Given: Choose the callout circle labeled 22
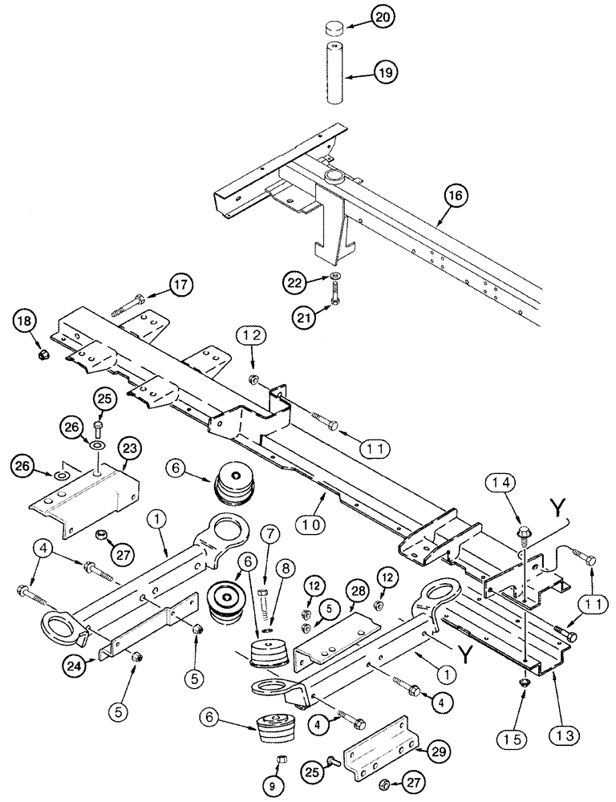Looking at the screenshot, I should (x=294, y=281).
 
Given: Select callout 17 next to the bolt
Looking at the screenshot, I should (x=182, y=285).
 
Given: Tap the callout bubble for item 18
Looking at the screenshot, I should (x=25, y=322).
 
